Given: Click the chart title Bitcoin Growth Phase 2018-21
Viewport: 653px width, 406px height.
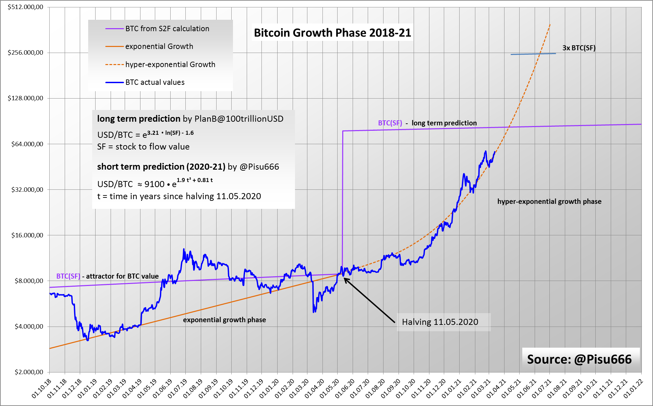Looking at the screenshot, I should coord(332,33).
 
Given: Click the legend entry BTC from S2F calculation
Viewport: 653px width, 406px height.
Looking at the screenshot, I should coord(167,29).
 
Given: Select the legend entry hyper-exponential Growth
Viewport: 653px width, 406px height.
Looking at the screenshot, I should coord(170,64).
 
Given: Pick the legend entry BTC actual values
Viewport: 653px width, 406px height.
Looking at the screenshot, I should coord(155,82).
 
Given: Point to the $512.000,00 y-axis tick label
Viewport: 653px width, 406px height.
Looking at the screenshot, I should coord(25,7).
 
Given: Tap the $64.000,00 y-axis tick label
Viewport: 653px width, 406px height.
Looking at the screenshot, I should coord(27,144).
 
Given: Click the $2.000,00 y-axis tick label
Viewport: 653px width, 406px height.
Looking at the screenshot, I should coord(29,372).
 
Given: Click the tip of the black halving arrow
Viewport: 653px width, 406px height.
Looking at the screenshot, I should coord(345,278).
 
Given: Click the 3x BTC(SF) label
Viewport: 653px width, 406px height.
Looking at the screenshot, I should coord(579,48).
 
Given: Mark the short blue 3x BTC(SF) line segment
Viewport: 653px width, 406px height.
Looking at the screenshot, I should coord(533,54).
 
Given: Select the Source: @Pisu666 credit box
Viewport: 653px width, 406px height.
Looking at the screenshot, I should coord(579,359).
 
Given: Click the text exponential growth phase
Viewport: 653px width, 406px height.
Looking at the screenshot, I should coord(224,320).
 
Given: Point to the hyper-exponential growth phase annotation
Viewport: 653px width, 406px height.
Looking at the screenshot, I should coord(549,201).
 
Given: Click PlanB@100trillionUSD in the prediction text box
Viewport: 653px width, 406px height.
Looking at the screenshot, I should coord(239,119).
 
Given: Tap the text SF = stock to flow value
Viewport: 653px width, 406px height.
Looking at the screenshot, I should coord(143,147).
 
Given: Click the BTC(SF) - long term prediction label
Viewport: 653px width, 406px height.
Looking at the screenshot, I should coord(427,123).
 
